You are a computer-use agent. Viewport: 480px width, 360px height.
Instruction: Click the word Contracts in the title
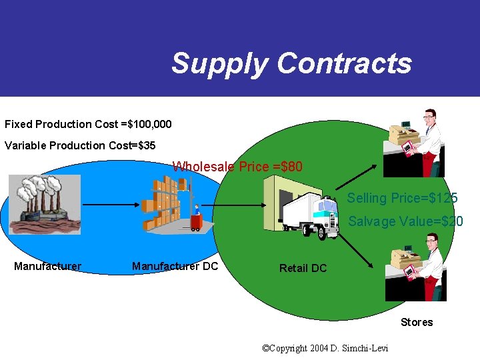coord(344,64)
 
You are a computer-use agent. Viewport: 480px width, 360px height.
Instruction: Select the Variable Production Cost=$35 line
coord(80,145)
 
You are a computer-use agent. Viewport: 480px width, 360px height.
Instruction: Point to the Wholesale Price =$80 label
coord(237,167)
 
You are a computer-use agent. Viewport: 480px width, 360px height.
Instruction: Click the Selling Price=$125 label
coord(402,198)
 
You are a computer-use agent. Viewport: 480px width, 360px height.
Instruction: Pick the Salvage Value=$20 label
coord(405,221)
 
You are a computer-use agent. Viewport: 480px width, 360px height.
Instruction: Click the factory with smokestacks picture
coord(45,204)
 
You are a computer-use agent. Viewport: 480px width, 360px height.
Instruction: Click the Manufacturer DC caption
coord(175,267)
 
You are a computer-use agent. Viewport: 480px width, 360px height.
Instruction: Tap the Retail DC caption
coord(303,268)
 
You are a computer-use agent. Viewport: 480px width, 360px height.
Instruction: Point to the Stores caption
coord(417,323)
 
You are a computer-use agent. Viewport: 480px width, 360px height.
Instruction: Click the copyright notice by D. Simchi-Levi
coord(325,348)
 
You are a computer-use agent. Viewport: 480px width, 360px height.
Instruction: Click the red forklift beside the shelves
coord(196,220)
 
